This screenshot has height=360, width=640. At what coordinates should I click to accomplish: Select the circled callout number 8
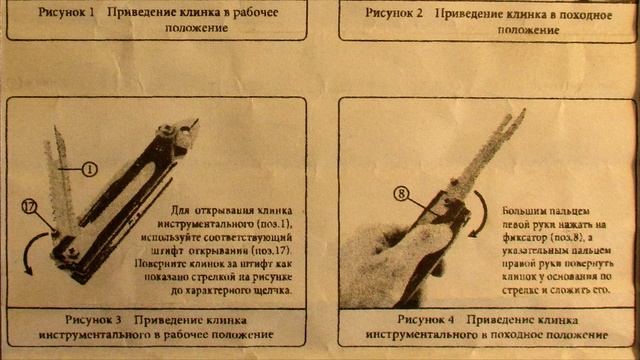coord(402,194)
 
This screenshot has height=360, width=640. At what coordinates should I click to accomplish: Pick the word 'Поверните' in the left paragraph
coord(191,264)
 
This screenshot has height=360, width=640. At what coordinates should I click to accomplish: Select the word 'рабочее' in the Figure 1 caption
coord(276,13)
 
